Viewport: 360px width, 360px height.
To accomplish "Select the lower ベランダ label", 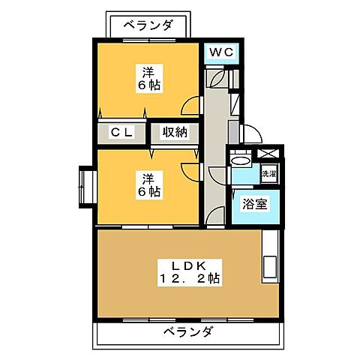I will pyautogui.click(x=187, y=331).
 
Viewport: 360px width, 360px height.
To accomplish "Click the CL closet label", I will pyautogui.click(x=122, y=133).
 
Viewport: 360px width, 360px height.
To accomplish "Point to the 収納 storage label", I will pyautogui.click(x=175, y=133).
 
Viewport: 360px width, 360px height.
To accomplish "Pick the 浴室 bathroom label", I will pyautogui.click(x=248, y=204).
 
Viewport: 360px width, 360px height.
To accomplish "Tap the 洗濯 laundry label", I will pyautogui.click(x=268, y=174).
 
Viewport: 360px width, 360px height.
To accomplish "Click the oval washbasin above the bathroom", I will pyautogui.click(x=241, y=160).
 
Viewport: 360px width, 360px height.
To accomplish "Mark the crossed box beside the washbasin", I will pyautogui.click(x=268, y=154).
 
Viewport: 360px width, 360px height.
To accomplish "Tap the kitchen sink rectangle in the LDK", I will pyautogui.click(x=268, y=268).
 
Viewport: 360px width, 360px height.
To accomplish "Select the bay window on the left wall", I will pyautogui.click(x=85, y=187).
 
